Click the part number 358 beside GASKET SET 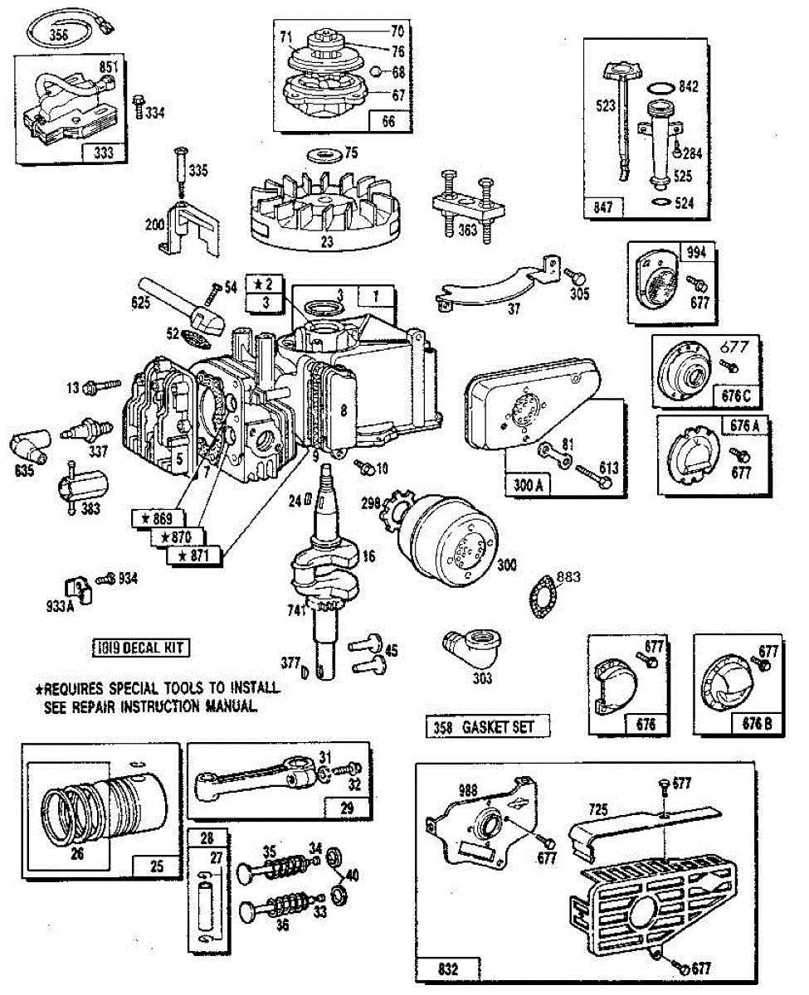[x=442, y=728]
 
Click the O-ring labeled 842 [x=660, y=86]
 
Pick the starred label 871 [x=197, y=556]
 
